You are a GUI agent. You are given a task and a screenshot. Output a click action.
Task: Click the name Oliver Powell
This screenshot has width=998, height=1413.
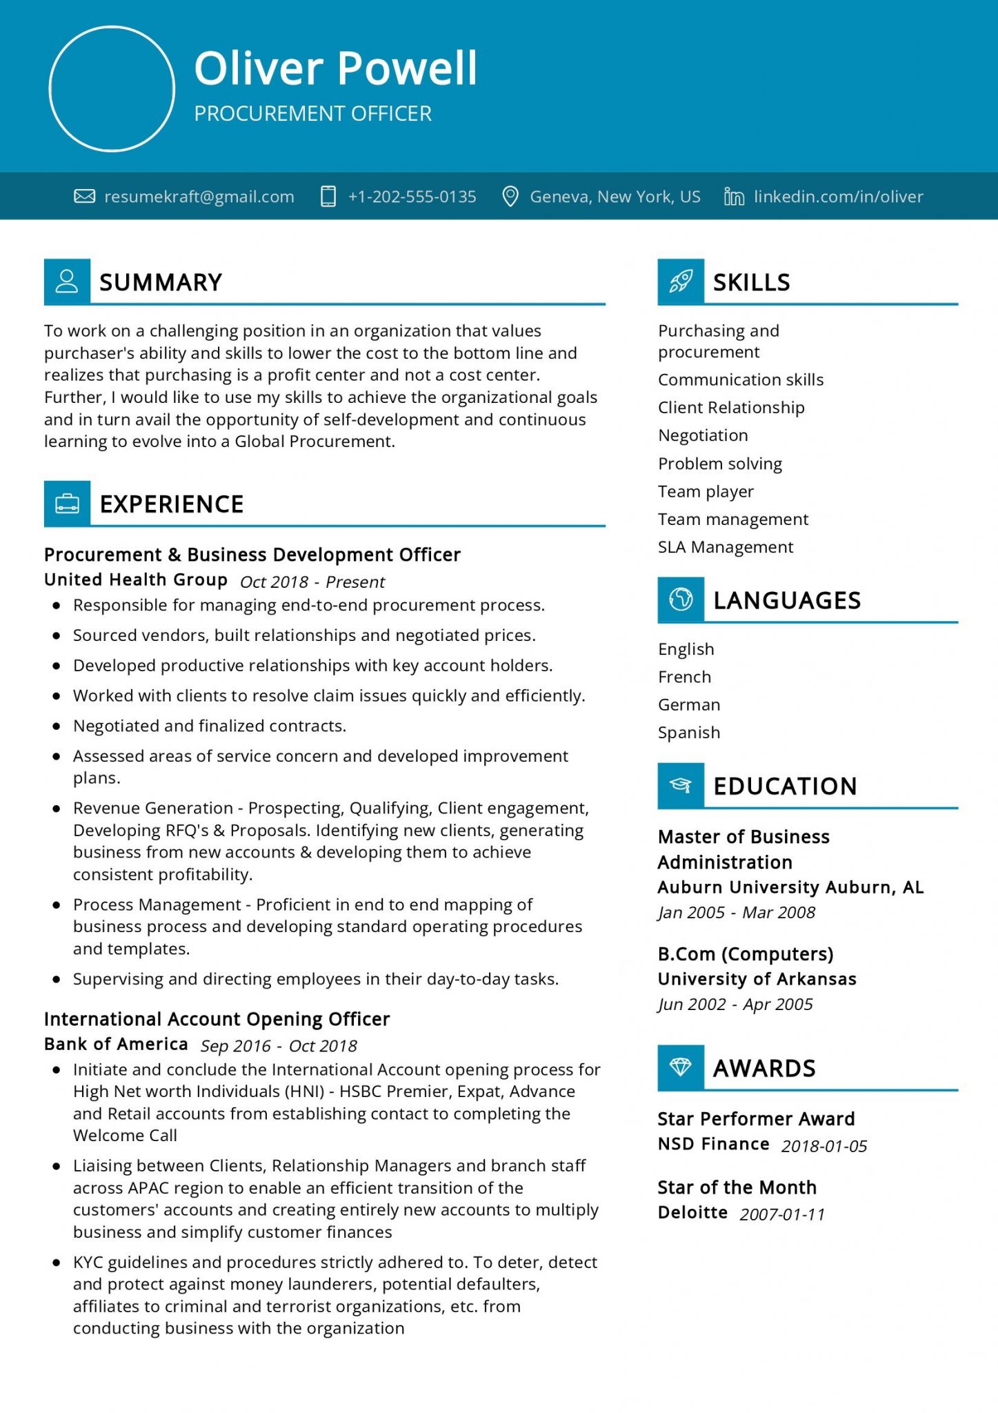coord(335,68)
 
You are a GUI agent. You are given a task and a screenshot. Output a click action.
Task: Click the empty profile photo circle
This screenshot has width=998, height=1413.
coord(112,89)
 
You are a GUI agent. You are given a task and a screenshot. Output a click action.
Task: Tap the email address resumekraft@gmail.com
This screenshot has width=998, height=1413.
coord(199,197)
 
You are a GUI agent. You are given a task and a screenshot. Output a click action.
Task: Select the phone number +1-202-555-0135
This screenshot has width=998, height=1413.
coord(412,197)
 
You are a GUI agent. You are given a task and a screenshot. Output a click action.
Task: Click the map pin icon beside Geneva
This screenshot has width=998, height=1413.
coord(510,197)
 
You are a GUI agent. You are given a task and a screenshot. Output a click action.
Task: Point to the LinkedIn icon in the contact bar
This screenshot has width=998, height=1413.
coord(734,197)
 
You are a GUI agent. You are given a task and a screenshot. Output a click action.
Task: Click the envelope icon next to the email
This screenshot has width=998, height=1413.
coord(84,197)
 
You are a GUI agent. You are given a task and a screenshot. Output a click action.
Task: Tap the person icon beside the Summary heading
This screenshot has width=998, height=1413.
coord(67,281)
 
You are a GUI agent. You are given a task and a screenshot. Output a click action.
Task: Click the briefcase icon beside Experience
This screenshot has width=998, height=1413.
coord(67,504)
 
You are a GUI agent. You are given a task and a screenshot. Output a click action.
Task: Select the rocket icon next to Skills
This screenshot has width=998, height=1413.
coord(681,281)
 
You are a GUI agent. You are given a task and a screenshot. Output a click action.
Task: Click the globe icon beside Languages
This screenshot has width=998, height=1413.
coord(681,600)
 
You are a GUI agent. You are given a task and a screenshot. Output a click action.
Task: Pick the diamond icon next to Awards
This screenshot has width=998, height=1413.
coord(681,1067)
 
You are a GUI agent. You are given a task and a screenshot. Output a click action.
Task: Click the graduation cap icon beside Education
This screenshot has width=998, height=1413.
coord(681,785)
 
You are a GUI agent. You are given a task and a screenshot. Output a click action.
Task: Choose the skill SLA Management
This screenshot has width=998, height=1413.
coord(725,547)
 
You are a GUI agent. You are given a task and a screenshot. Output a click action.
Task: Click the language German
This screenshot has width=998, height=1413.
coord(688,704)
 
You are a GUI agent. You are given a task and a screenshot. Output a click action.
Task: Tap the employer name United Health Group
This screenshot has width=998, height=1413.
coord(136,580)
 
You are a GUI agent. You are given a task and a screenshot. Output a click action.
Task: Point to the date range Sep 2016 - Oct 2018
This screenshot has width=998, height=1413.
coord(279,1046)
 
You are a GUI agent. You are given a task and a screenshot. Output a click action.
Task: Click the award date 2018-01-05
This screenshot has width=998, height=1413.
coord(824,1146)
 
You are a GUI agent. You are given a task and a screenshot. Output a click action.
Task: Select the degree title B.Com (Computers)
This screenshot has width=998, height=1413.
coord(745,954)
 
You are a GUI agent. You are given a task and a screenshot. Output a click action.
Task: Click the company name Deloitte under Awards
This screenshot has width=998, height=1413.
coord(692,1212)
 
